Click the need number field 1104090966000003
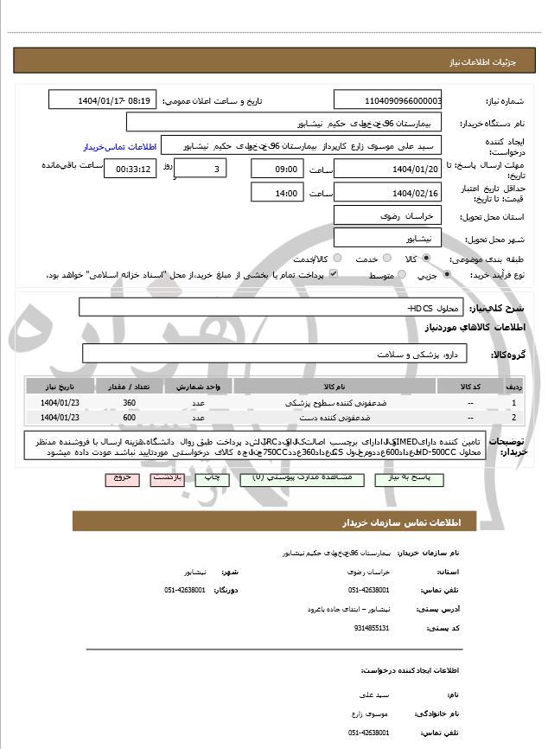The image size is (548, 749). (x=387, y=100)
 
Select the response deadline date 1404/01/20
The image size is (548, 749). (x=387, y=169)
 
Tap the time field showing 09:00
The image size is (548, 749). (x=277, y=169)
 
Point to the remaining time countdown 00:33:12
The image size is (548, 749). (x=131, y=169)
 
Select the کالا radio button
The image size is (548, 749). (x=426, y=258)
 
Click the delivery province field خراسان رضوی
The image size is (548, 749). (x=387, y=214)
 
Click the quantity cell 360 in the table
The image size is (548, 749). (x=130, y=403)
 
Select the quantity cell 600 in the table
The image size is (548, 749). (x=130, y=418)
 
